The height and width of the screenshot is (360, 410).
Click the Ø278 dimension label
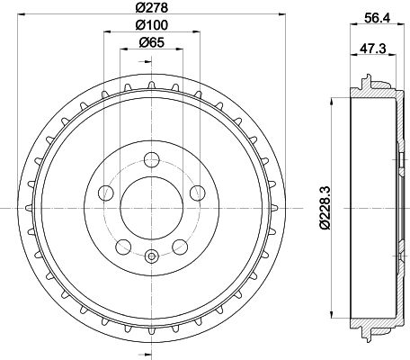pyautogui.click(x=151, y=7)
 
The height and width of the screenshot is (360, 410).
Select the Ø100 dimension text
pyautogui.click(x=151, y=25)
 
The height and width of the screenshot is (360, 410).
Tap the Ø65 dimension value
pyautogui.click(x=152, y=42)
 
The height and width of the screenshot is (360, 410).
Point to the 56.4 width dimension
pyautogui.click(x=377, y=19)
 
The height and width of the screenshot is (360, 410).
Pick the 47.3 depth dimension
pyautogui.click(x=373, y=49)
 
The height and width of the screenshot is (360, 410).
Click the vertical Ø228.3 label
pyautogui.click(x=325, y=207)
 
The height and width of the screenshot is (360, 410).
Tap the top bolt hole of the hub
pyautogui.click(x=151, y=160)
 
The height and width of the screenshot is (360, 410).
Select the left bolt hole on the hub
pyautogui.click(x=106, y=193)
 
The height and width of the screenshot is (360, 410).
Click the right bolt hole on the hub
pyautogui.click(x=197, y=193)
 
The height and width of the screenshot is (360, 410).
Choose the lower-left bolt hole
pyautogui.click(x=123, y=247)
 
